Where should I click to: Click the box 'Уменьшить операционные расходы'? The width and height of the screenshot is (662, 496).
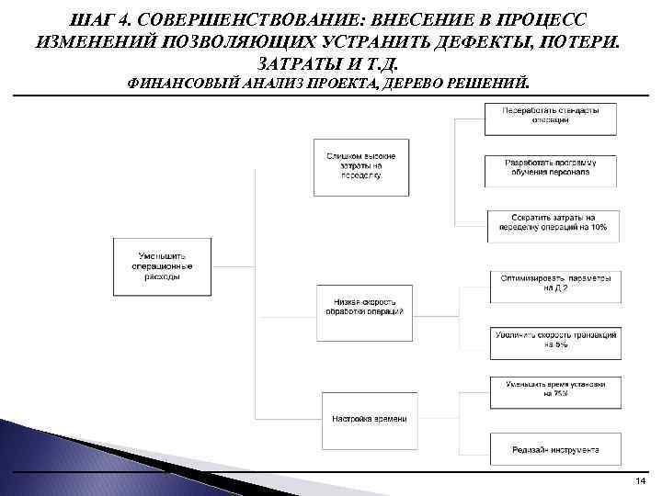coord(162,264)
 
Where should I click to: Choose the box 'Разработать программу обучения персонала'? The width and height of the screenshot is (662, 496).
coord(550,168)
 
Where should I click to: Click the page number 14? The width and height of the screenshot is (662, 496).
coord(640,481)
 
